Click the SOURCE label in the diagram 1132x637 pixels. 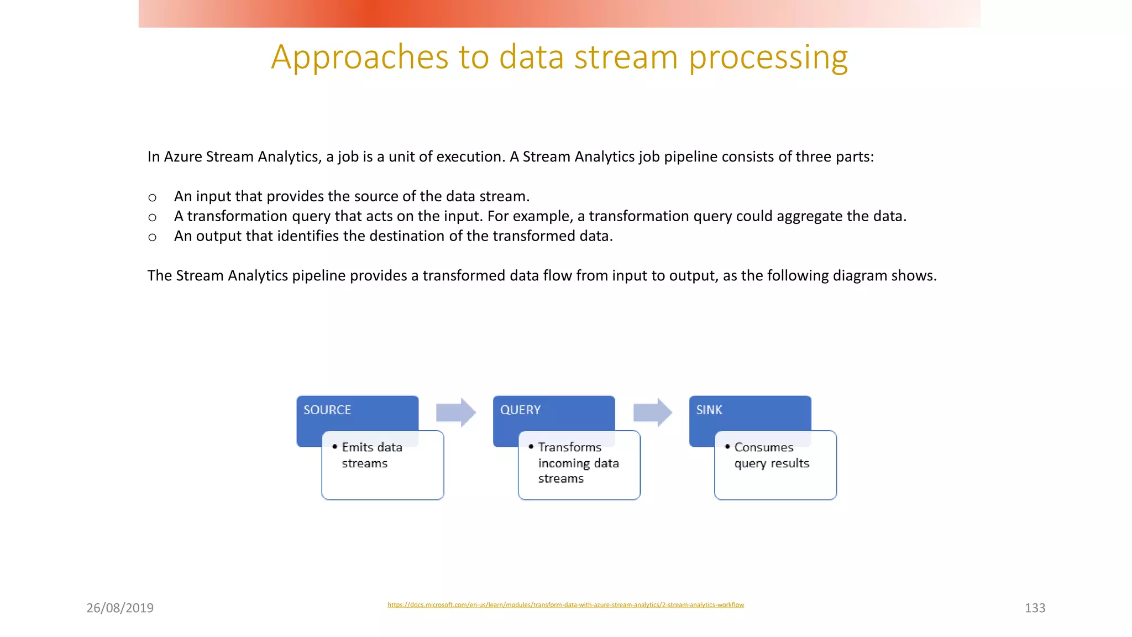(327, 410)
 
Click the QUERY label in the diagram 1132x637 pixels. (520, 410)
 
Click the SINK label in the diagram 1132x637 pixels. (709, 410)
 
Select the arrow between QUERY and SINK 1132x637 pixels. (652, 413)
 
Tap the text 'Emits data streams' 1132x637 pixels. (371, 455)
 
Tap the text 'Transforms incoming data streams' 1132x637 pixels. (578, 463)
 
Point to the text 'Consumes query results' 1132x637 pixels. (771, 455)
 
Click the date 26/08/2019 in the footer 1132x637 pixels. (120, 608)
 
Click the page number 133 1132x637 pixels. (1035, 608)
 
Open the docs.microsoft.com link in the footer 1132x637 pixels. (565, 605)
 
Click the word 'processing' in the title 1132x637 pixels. (768, 57)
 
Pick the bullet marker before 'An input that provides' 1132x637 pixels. (153, 197)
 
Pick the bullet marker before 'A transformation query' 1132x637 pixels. (153, 217)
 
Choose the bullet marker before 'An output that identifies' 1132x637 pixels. (153, 237)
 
